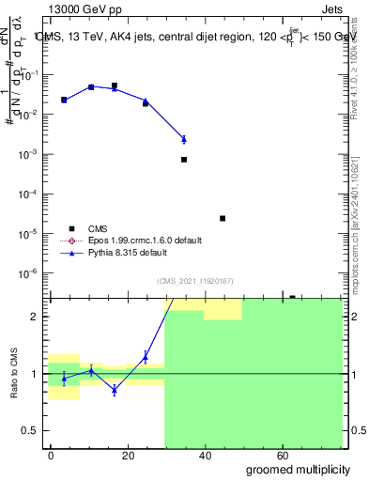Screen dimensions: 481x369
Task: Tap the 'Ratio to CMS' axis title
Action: pos(14,375)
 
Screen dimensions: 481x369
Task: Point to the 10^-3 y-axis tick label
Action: pos(31,153)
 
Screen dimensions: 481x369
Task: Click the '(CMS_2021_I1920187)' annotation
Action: pos(193,280)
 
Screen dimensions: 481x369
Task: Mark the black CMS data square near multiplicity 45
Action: pos(223,218)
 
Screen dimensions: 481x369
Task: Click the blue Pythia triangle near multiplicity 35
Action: pos(184,139)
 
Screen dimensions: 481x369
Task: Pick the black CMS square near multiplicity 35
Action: pos(184,160)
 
